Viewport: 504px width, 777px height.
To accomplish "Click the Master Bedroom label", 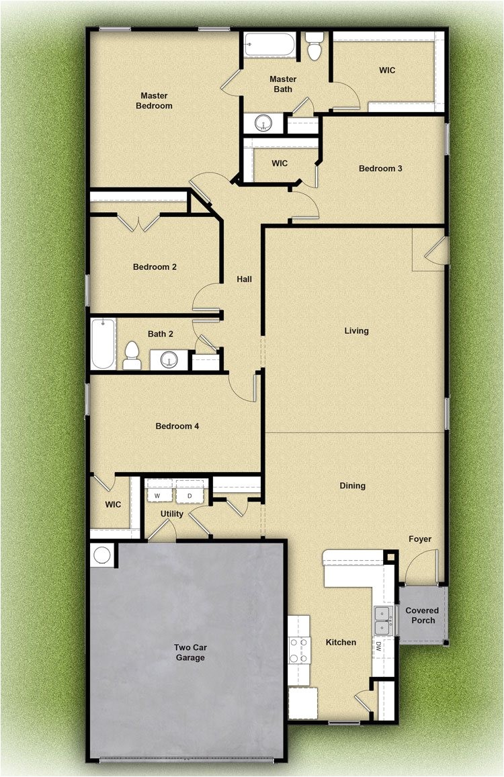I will [x=154, y=101].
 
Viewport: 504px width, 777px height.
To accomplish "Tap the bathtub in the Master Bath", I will [x=269, y=44].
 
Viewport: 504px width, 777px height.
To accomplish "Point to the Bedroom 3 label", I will [x=380, y=169].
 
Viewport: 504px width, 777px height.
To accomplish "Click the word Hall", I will [x=245, y=279].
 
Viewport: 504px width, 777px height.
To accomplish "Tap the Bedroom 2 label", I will [x=155, y=267].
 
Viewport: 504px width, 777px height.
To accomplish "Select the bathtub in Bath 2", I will [x=103, y=343].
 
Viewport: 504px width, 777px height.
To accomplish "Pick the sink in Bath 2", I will [x=169, y=360].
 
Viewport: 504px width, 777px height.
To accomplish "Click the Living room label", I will [x=356, y=331].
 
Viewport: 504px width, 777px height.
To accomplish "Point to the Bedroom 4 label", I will [x=177, y=426].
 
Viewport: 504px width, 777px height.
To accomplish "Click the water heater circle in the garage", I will [x=101, y=555].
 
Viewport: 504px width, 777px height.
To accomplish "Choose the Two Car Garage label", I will [x=190, y=653].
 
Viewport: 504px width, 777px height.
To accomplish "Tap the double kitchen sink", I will [x=382, y=621].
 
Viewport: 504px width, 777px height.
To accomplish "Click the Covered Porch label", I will [x=422, y=615].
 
